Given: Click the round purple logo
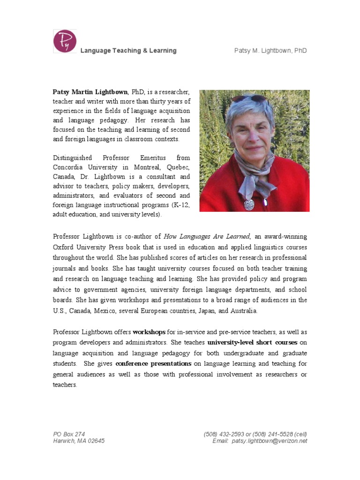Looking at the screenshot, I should [65, 41].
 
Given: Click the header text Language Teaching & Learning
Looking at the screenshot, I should [128, 51].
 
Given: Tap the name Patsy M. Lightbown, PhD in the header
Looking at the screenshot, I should [270, 51].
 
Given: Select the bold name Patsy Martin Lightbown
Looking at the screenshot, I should [90, 92].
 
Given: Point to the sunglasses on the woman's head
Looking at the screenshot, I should [249, 99].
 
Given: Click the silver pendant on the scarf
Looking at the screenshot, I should [249, 204].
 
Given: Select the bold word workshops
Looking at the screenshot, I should [149, 332].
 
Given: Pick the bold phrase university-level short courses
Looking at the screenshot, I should [252, 342].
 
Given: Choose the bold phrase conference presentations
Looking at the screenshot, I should [153, 363].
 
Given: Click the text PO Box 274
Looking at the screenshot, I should [69, 434].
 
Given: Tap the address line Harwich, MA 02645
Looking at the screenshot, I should [79, 441].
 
